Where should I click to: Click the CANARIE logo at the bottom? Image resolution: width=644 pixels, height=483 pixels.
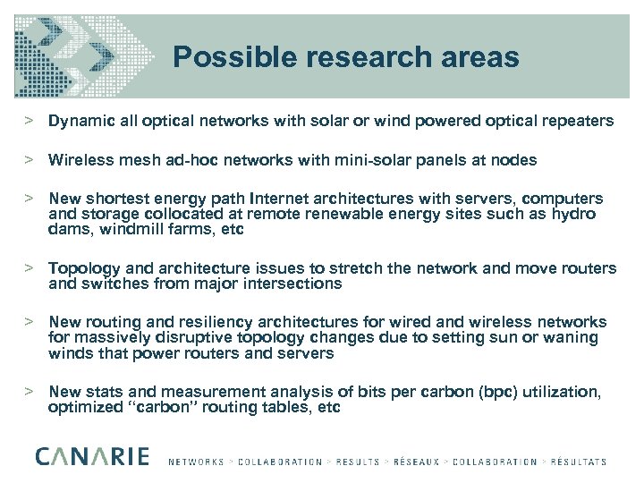93,457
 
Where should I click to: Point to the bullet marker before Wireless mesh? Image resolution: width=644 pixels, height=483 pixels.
29,161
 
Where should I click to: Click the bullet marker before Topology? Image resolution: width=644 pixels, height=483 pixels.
29,268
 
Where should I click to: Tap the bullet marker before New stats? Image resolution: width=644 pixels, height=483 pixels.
29,392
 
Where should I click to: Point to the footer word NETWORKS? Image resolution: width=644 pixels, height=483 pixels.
196,462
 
